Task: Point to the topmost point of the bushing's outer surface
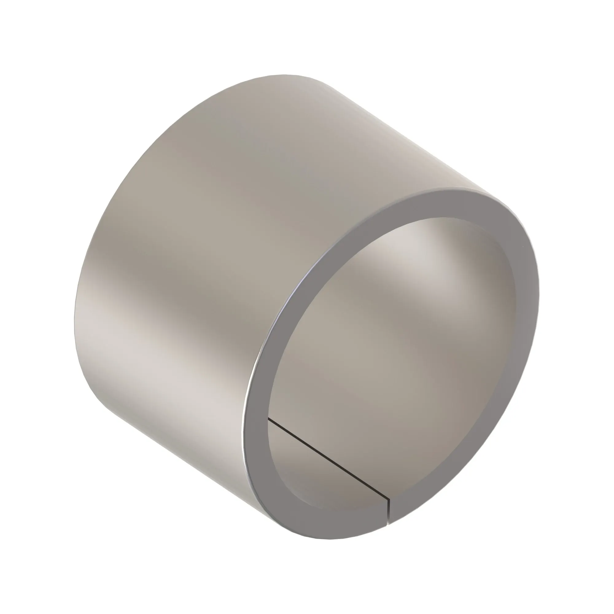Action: pyautogui.click(x=283, y=75)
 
